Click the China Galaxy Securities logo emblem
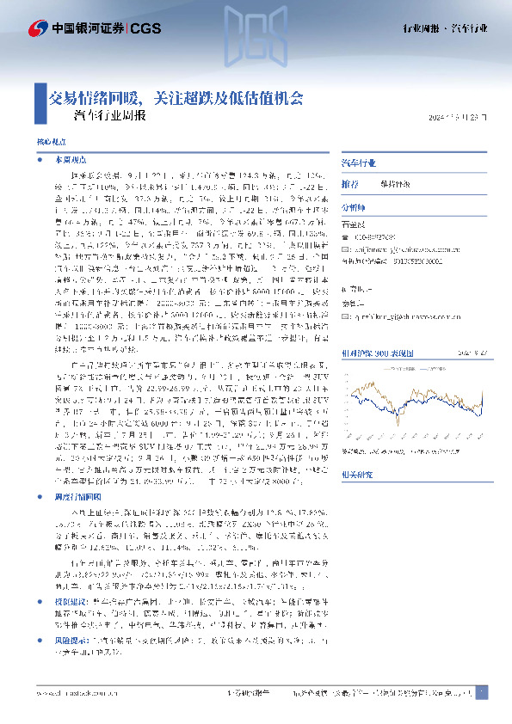[x=36, y=29]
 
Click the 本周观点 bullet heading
[x=65, y=160]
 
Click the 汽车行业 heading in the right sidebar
[x=360, y=162]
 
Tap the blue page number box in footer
[x=482, y=692]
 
